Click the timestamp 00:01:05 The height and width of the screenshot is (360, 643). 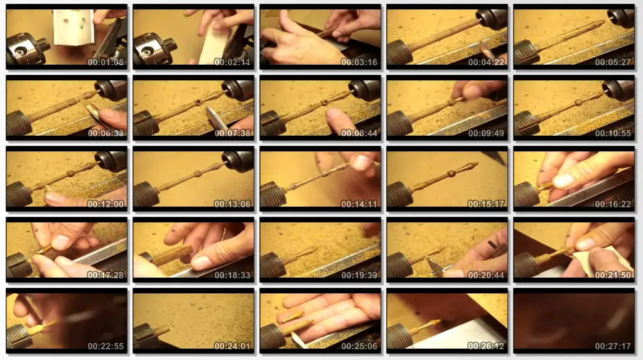pos(105,62)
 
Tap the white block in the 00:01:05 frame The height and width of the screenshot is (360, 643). pos(74,27)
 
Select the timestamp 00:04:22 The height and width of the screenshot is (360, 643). pos(486,62)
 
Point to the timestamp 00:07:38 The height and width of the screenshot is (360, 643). pos(232,133)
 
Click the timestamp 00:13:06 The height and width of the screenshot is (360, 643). pos(232,204)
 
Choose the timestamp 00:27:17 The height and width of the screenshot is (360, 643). pos(613,346)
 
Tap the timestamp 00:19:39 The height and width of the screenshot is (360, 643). pos(359,275)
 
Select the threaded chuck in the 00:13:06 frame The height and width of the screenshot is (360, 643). pos(146,194)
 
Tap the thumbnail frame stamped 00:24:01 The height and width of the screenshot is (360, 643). pos(193,321)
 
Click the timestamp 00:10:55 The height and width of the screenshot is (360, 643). pos(613,133)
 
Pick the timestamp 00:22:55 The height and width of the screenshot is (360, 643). pos(105,346)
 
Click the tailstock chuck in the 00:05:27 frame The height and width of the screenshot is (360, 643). pos(621,18)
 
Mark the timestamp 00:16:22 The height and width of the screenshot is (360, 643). pos(613,204)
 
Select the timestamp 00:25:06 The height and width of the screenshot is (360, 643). pos(359,346)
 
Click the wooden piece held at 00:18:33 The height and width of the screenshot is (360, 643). pos(172,255)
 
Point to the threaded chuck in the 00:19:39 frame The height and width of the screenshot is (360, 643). pos(273,265)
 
